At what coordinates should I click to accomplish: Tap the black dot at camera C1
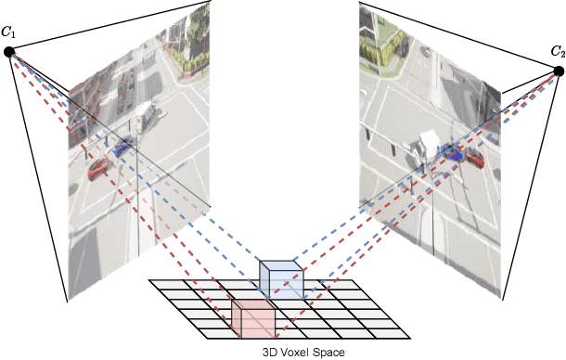tap(8, 52)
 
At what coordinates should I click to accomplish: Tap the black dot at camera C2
tap(559, 71)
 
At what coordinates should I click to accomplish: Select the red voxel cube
tap(251, 318)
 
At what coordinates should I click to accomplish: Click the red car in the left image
tap(96, 169)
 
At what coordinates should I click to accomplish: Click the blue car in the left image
tap(122, 146)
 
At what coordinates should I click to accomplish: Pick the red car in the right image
tap(475, 158)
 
